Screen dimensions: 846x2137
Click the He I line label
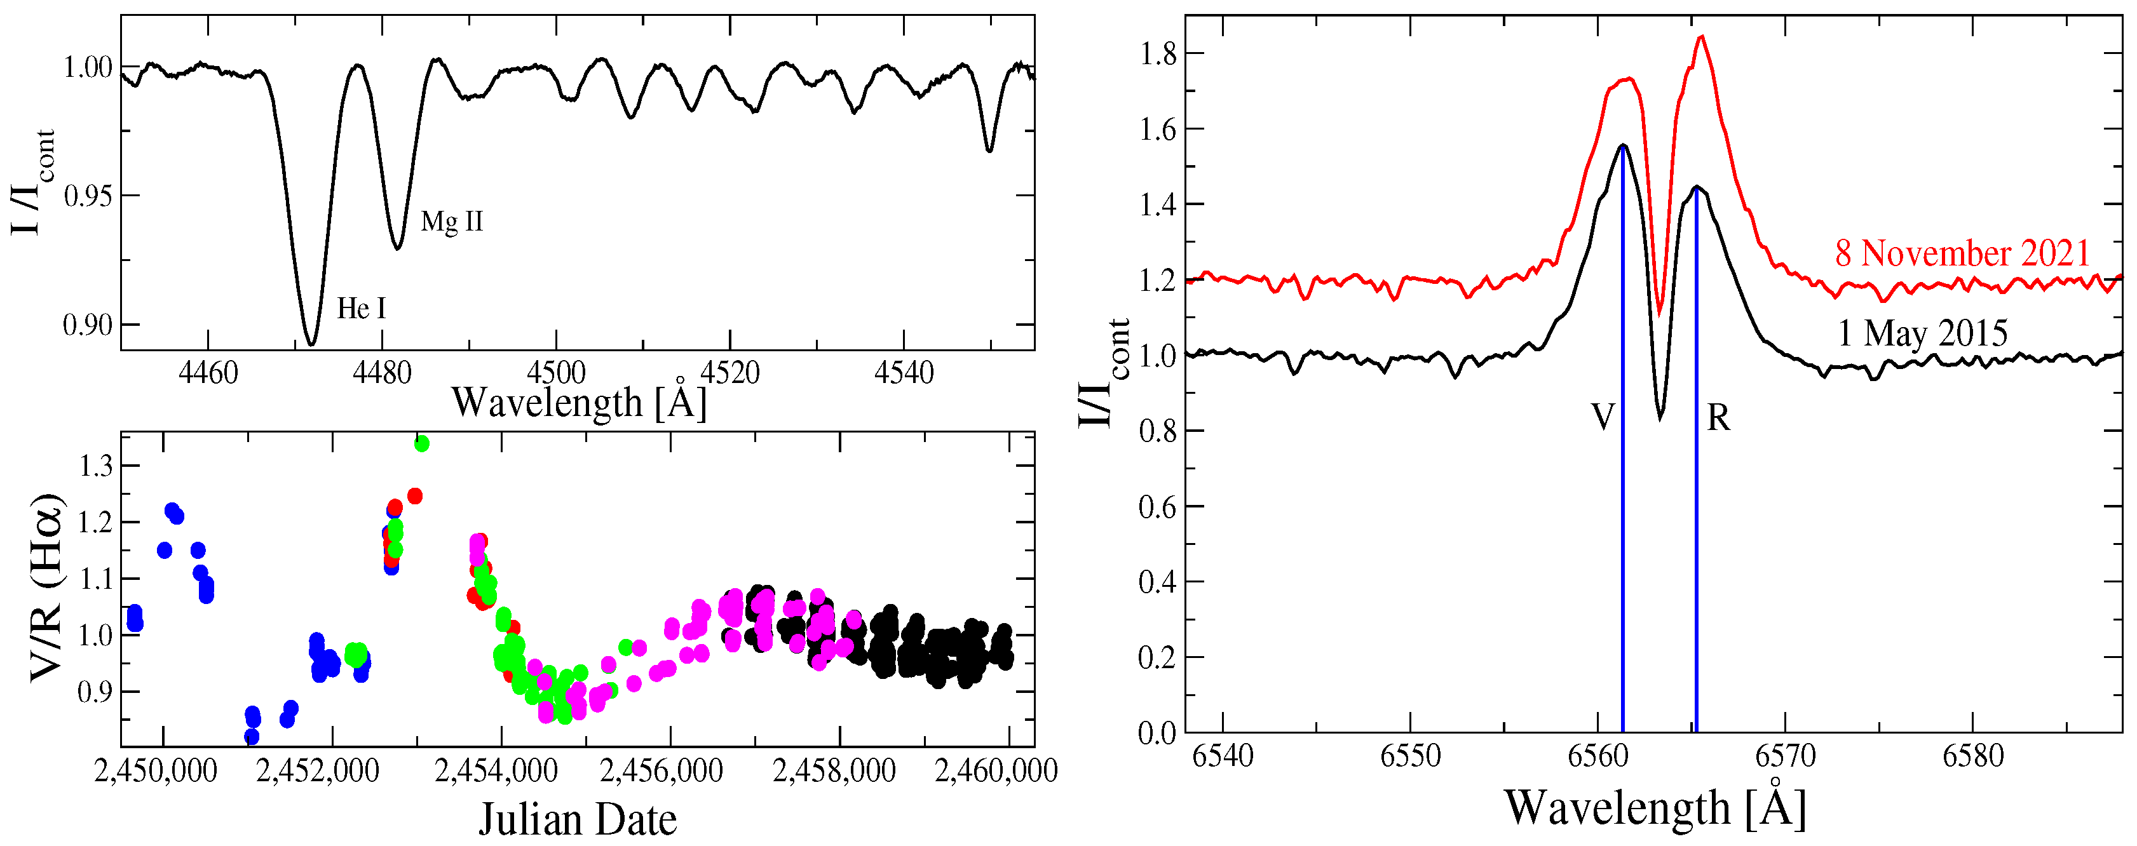tap(361, 309)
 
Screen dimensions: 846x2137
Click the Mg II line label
tap(451, 222)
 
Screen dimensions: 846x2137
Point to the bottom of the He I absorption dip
tap(311, 342)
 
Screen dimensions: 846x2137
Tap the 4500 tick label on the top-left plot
tap(556, 373)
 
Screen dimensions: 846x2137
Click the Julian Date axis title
tap(578, 819)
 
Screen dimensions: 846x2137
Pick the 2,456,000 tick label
tap(661, 770)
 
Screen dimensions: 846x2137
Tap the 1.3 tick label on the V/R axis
tap(95, 467)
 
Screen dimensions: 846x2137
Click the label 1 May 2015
tap(1922, 333)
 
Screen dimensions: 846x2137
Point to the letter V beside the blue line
tap(1602, 417)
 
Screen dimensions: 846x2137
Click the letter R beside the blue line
tap(1718, 418)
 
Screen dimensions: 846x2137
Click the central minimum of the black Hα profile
tap(1660, 417)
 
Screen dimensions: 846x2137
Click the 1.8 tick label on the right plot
tap(1157, 55)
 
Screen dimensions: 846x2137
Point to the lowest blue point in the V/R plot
tap(252, 737)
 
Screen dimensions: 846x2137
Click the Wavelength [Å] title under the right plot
tap(1654, 807)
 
